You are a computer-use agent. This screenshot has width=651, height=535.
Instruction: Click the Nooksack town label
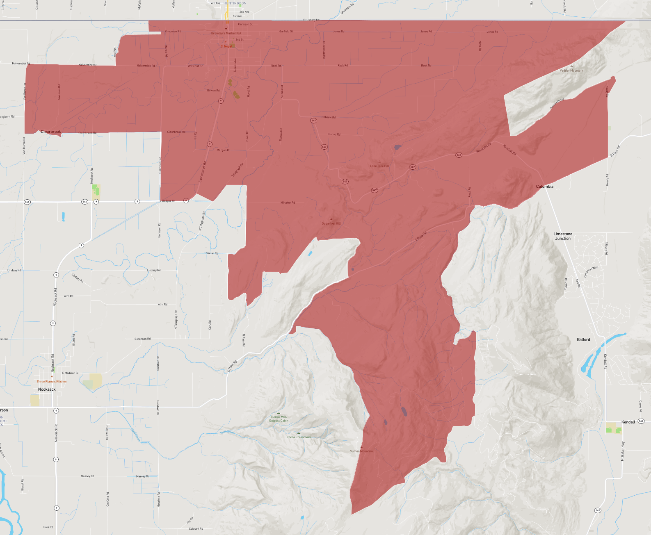point(47,389)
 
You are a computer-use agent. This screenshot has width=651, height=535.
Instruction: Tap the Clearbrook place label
point(51,132)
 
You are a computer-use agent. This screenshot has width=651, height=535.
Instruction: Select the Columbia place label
point(545,187)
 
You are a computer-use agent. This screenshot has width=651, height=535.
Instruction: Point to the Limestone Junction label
point(563,236)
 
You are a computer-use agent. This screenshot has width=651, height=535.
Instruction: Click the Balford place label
point(583,339)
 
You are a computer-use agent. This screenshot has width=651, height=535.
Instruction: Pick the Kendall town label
point(628,422)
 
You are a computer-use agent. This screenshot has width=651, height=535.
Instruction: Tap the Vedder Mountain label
point(571,71)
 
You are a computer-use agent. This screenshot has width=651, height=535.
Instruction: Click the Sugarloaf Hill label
point(331,223)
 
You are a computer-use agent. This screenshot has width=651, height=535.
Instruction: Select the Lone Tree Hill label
point(379,166)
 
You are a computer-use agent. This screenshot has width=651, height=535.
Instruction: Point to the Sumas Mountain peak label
point(361,451)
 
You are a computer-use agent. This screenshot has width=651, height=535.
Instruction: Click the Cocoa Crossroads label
point(299,437)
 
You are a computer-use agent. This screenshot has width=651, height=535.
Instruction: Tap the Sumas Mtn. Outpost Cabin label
point(279,419)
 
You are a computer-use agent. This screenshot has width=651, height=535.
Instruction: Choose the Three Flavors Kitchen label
point(52,381)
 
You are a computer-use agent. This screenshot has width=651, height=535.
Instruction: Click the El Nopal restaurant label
point(226,46)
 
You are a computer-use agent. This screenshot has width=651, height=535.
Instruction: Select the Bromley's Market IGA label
point(226,33)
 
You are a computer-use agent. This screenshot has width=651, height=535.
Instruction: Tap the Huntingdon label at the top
point(235,3)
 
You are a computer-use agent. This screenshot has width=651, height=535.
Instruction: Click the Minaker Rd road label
point(288,203)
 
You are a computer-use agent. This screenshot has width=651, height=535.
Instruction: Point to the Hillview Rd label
point(329,117)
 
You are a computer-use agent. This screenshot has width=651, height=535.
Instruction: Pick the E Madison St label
point(70,373)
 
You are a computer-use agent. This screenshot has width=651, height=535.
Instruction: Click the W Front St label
point(195,66)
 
